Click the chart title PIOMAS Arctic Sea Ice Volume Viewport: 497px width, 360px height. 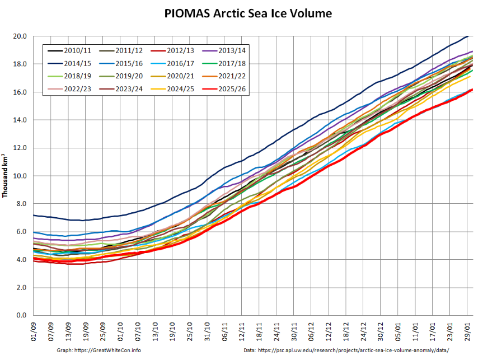point(248,13)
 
